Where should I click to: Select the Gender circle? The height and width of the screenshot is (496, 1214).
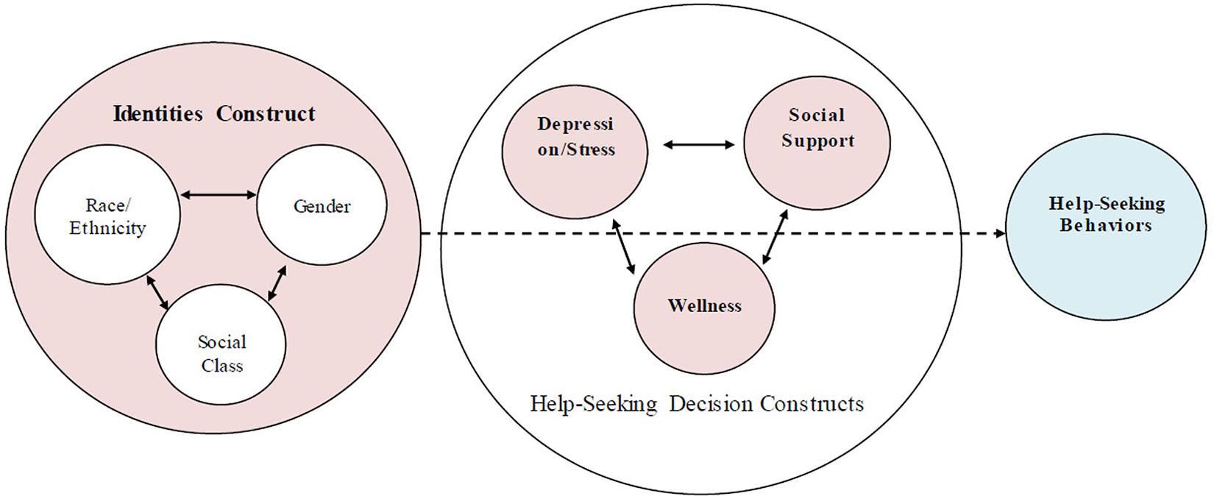coord(322,206)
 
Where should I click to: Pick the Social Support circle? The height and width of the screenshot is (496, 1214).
coord(817,142)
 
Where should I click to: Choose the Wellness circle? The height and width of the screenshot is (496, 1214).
coord(704,305)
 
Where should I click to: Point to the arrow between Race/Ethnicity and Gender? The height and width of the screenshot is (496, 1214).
coord(219,195)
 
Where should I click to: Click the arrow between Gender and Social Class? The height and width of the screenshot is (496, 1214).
coord(277,283)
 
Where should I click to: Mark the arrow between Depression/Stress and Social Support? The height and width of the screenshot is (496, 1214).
coord(698,145)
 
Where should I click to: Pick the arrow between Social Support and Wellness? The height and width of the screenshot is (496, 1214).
coord(775,235)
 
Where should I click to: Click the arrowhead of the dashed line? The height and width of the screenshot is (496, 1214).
coord(999,233)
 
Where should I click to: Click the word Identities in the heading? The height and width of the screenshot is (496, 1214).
coord(157,114)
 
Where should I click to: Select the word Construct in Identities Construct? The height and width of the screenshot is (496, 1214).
coord(266,114)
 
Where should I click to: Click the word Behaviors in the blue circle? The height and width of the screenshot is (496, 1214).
coord(1106,225)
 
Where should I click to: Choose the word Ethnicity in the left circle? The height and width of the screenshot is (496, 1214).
coord(107,228)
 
